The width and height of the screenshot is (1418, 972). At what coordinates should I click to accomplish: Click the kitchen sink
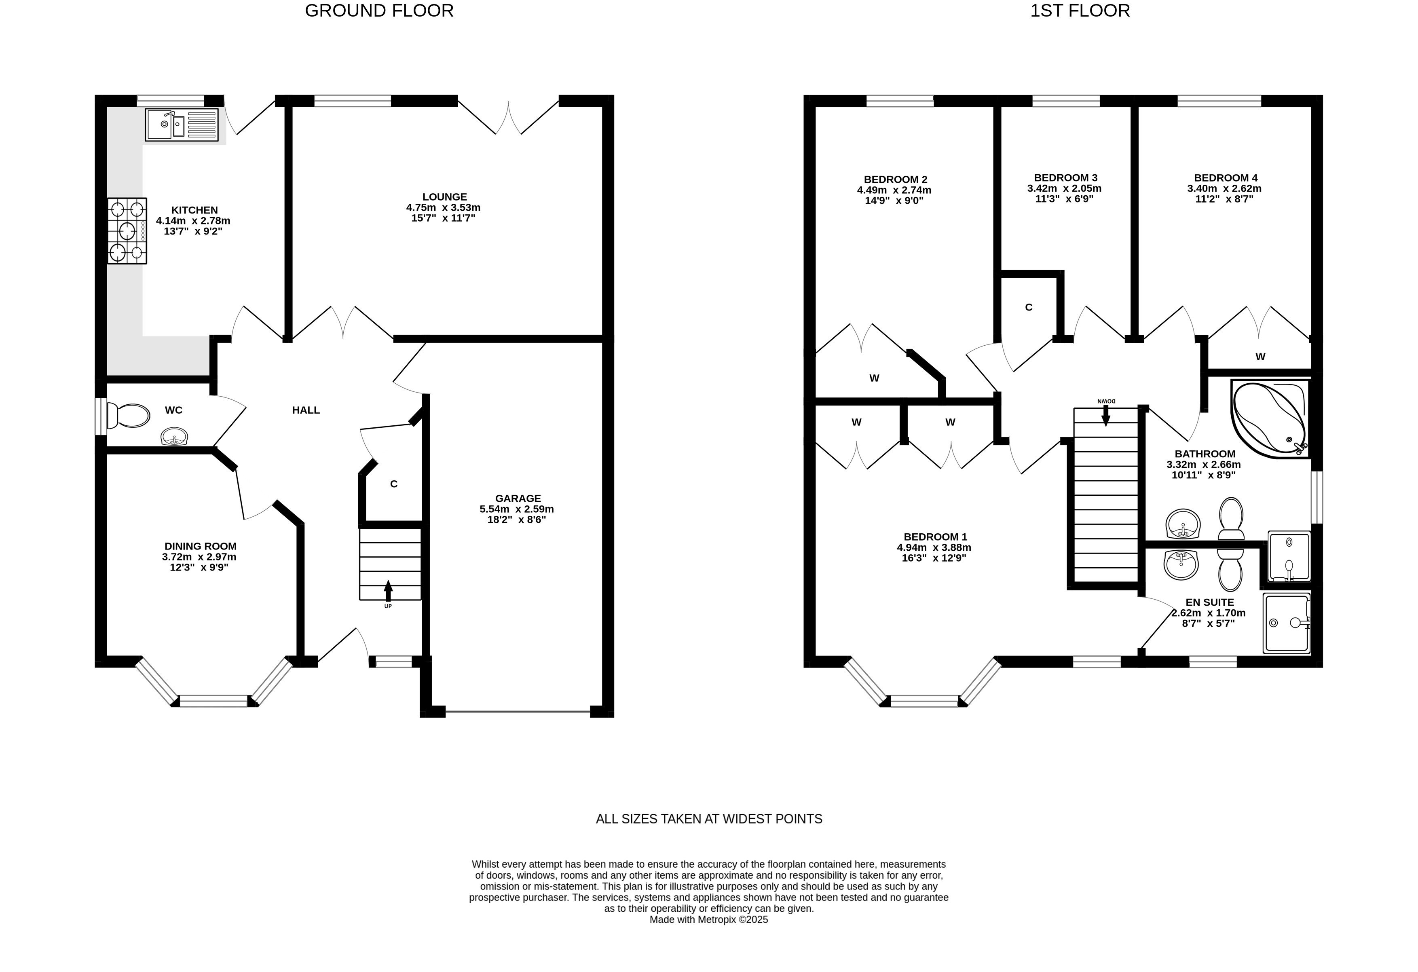point(181,125)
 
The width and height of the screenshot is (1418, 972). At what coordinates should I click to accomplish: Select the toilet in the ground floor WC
point(128,416)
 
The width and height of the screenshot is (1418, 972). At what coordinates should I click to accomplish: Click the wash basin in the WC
point(175,437)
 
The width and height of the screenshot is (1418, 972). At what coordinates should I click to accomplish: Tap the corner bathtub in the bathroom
point(1270,418)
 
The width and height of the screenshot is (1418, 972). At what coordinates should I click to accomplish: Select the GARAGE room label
point(518,499)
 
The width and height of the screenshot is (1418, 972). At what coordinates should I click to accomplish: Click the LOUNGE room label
point(445,197)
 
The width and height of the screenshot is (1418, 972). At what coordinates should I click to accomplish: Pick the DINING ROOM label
point(200,547)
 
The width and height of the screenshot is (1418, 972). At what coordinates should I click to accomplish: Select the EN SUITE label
point(1209,602)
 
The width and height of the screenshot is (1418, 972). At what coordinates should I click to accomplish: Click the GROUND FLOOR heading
point(379,11)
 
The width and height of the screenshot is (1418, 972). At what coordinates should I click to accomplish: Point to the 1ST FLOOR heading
point(1080,11)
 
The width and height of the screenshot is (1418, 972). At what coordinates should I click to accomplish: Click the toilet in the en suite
point(1230,568)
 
